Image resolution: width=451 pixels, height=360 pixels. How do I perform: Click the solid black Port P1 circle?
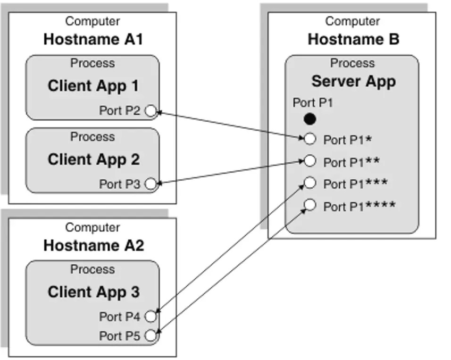[x=310, y=119]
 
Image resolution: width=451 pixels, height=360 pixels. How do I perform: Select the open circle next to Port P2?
[x=150, y=110]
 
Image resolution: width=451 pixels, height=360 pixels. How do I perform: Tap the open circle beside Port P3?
[x=150, y=184]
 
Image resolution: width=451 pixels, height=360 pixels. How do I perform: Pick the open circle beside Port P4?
[x=150, y=316]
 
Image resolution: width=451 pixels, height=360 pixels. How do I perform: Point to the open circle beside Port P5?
[x=150, y=335]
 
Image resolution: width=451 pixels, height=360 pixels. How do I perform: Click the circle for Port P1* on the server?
[x=310, y=139]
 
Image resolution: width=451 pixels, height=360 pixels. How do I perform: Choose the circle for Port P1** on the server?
[x=310, y=161]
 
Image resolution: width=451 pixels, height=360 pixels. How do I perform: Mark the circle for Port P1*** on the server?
[x=310, y=183]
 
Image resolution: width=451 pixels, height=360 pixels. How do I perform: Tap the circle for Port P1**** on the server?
[x=310, y=205]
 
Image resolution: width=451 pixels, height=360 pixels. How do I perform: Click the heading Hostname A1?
[x=93, y=39]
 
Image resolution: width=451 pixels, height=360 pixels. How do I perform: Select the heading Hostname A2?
[x=93, y=245]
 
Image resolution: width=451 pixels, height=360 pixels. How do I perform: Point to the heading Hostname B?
[x=353, y=39]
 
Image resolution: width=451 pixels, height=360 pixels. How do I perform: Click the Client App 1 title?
[x=93, y=86]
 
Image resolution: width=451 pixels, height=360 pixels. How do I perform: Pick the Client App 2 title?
[x=93, y=159]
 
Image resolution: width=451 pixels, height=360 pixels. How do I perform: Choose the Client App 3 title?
[x=93, y=292]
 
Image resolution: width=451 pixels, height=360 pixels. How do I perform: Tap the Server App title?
[x=353, y=82]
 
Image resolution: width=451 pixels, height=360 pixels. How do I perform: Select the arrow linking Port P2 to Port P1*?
[x=230, y=125]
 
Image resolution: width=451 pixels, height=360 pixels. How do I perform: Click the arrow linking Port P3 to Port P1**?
[x=230, y=172]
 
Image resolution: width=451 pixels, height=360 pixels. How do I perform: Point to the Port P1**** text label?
[x=359, y=206]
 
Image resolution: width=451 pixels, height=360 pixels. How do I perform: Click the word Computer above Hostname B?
[x=352, y=21]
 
